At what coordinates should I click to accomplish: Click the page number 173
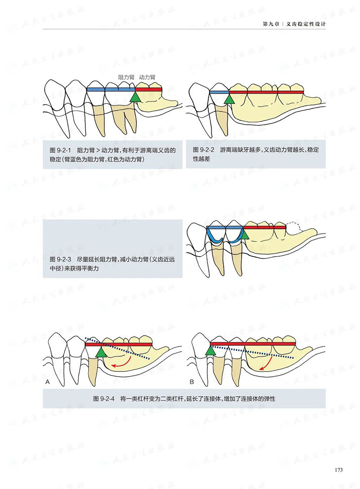[339, 470]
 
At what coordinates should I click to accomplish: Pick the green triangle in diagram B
[210, 350]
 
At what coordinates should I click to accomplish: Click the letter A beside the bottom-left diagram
[48, 382]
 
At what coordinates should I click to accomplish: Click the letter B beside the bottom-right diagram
[191, 382]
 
